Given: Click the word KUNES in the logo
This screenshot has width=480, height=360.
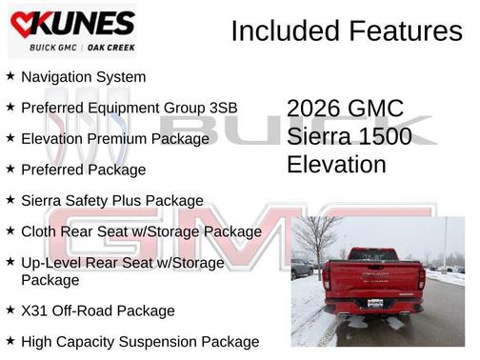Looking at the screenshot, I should pyautogui.click(x=84, y=23).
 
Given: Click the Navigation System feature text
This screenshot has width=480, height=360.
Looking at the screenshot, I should pyautogui.click(x=84, y=77).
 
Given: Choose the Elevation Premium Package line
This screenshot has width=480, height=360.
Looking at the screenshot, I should pyautogui.click(x=114, y=139).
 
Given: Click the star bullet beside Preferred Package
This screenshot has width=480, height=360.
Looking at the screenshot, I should pyautogui.click(x=10, y=169).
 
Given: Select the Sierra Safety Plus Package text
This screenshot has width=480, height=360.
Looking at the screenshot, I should pyautogui.click(x=111, y=201).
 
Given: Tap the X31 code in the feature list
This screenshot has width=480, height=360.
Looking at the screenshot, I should pyautogui.click(x=34, y=310).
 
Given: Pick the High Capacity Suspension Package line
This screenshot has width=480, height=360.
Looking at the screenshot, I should pyautogui.click(x=139, y=341).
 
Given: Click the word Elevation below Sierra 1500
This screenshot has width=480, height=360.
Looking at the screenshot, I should pyautogui.click(x=336, y=164).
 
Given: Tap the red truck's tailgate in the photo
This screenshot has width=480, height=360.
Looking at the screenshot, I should pyautogui.click(x=372, y=277).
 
